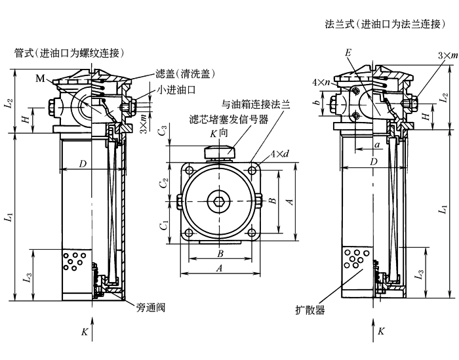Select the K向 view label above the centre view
(218, 134)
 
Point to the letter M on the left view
(41, 79)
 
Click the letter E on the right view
(348, 52)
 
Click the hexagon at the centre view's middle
(218, 200)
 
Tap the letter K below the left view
(85, 332)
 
